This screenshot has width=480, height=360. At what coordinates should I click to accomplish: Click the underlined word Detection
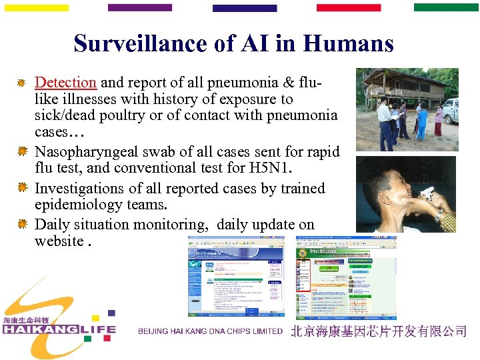coord(65,83)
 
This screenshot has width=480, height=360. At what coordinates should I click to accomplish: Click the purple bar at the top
coord(139,8)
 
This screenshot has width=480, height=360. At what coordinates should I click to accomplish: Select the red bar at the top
coord(348,8)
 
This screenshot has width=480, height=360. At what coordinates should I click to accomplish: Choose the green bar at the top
coord(446,8)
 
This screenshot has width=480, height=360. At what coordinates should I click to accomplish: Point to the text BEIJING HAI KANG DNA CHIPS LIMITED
coord(210,331)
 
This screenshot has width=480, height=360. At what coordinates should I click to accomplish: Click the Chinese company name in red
coord(378,331)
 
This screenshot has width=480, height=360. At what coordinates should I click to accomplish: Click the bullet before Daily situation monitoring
coord(21,224)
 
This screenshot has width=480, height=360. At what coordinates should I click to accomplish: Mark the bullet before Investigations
coord(21,189)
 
